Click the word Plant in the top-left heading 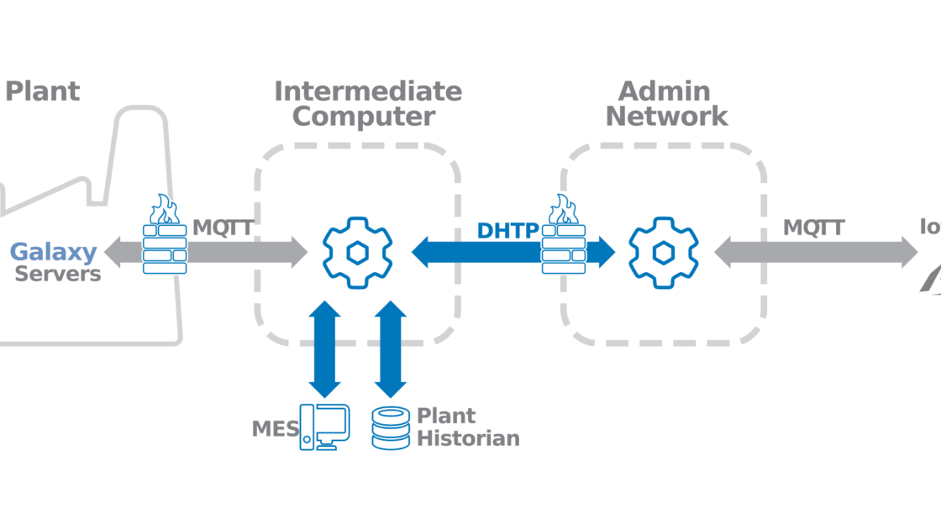[x=42, y=92]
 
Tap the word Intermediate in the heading [x=368, y=91]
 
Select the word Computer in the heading [x=363, y=117]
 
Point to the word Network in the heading [x=667, y=117]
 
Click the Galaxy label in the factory [x=53, y=251]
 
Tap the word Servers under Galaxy [x=58, y=274]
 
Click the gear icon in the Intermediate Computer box [x=358, y=251]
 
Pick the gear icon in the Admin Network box [x=664, y=251]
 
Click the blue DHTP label [x=507, y=230]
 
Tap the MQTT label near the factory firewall [x=223, y=228]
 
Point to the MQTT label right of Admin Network [x=813, y=228]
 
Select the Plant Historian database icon [x=392, y=427]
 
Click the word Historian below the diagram [x=468, y=438]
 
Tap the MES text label [x=275, y=429]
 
